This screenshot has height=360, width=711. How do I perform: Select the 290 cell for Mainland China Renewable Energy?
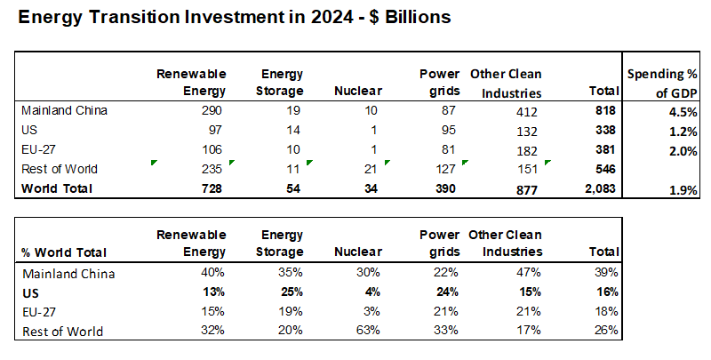210,110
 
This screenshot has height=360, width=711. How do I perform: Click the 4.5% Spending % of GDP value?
681,111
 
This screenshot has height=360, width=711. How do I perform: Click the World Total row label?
58,188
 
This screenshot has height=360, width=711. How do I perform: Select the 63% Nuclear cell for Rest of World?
367,332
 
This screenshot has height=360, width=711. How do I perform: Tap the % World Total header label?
59,253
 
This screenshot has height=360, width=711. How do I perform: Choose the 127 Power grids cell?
445,169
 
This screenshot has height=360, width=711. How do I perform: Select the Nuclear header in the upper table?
357,90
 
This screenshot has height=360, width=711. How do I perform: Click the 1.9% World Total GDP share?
681,189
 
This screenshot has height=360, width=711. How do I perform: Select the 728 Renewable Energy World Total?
210,188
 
